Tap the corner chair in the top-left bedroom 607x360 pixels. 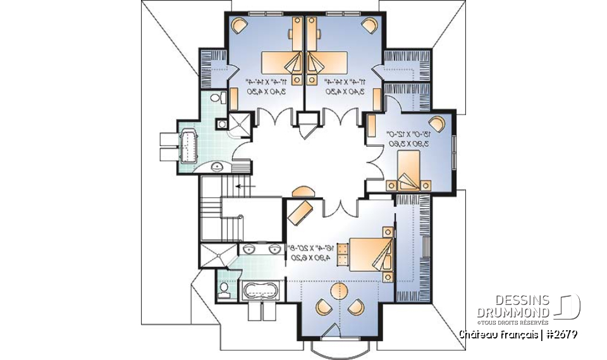tap(239, 26)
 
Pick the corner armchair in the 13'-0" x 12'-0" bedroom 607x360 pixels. tap(436, 121)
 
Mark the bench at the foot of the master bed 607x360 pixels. tap(342, 255)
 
